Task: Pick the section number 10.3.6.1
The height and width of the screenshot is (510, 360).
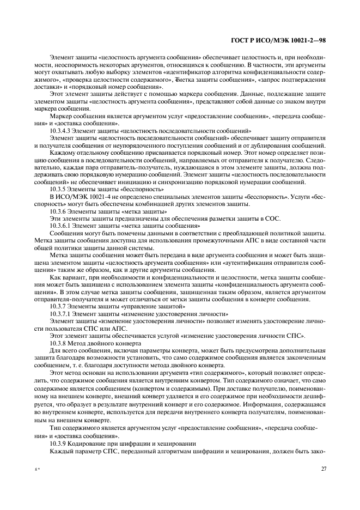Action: (x=60, y=225)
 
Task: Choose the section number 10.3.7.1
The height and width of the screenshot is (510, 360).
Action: (x=60, y=314)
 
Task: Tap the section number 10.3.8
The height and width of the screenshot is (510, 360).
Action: (x=58, y=344)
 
